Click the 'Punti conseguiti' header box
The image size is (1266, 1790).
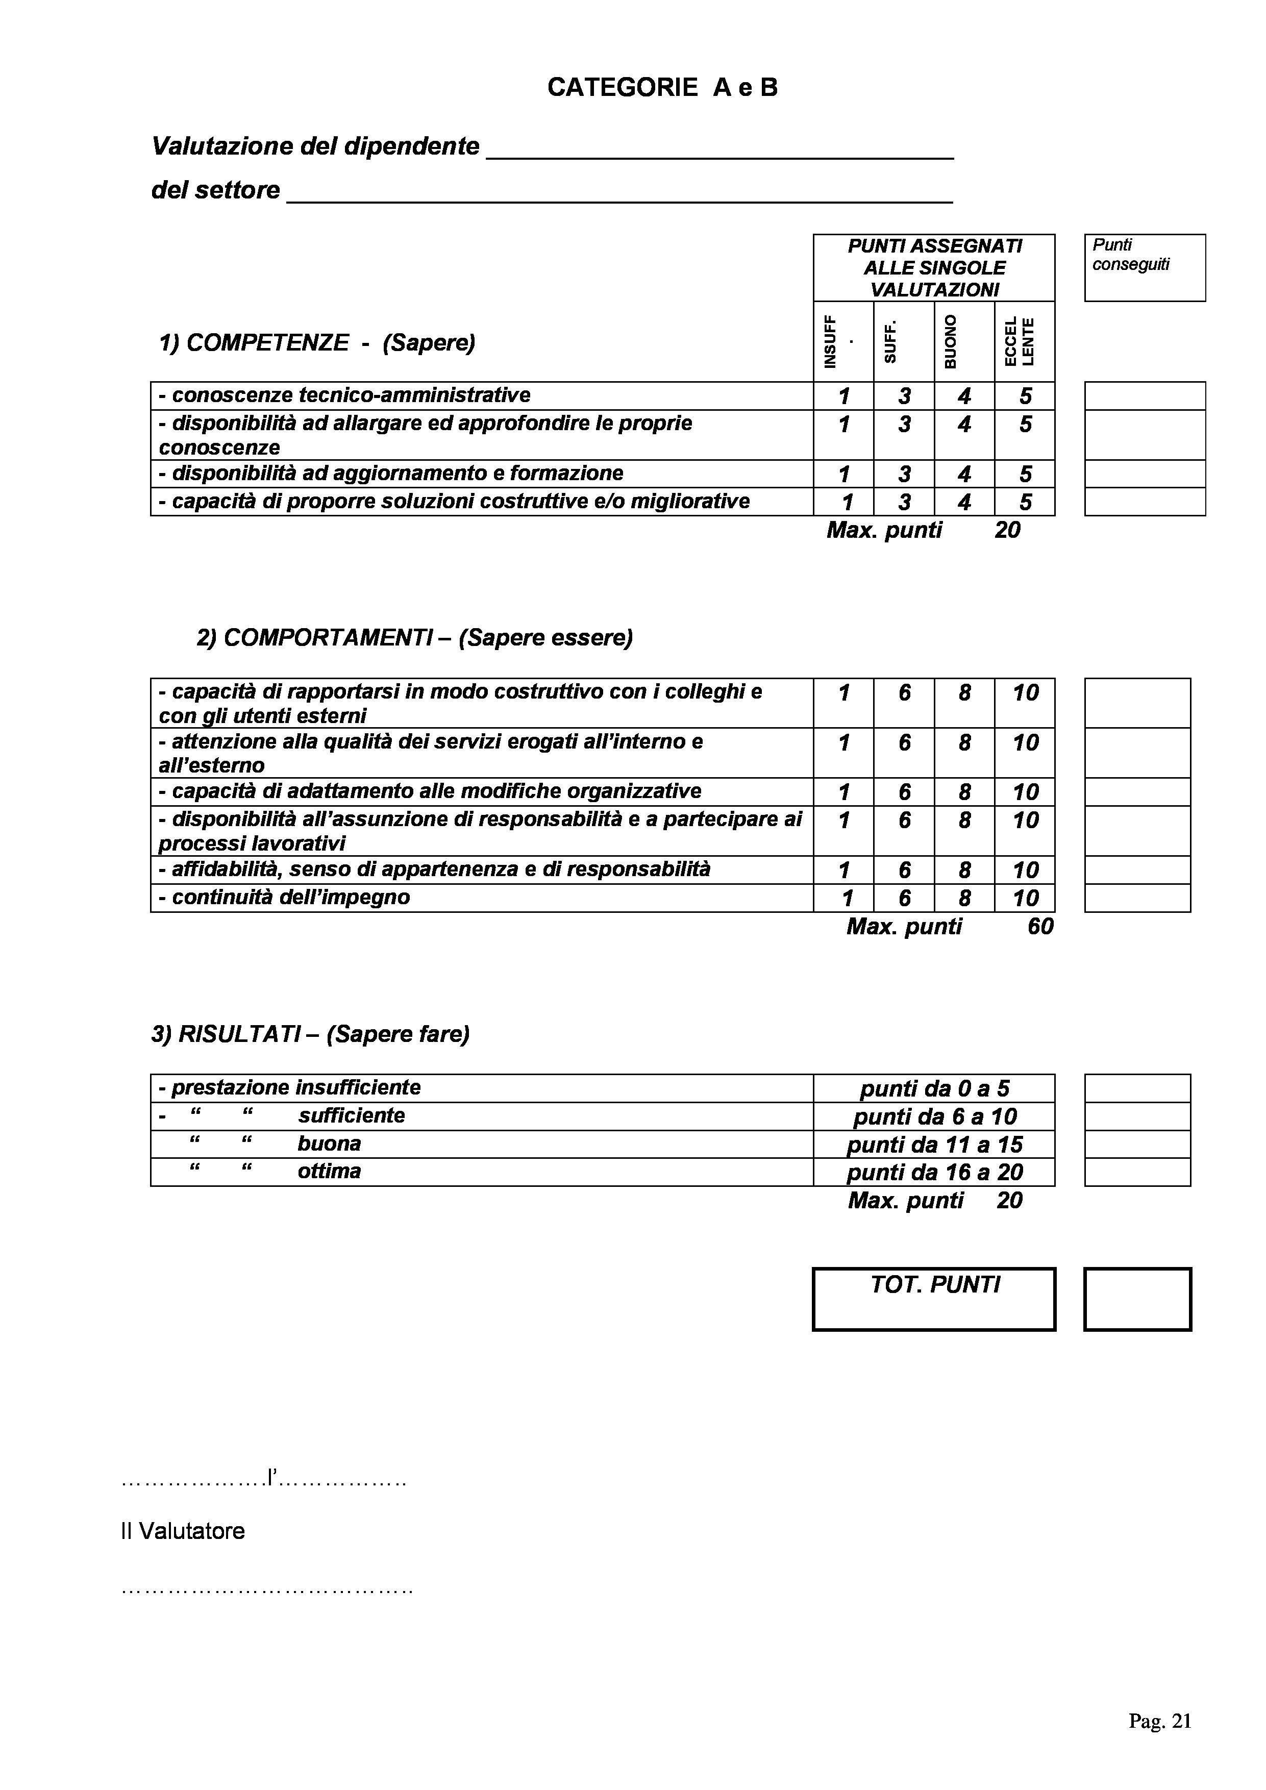pyautogui.click(x=1145, y=267)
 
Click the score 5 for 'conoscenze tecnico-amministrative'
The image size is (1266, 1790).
pyautogui.click(x=1025, y=396)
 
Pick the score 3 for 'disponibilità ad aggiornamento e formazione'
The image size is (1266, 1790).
pyautogui.click(x=904, y=474)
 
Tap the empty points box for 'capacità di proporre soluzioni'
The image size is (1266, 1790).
pyautogui.click(x=1145, y=501)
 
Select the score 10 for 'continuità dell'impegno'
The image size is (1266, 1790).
pyautogui.click(x=1025, y=898)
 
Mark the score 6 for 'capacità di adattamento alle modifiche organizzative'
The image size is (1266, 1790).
pyautogui.click(x=904, y=792)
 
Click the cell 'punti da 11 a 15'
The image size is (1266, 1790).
pyautogui.click(x=934, y=1145)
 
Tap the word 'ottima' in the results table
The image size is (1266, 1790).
pyautogui.click(x=329, y=1171)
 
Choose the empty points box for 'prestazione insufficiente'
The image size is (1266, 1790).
pyautogui.click(x=1137, y=1088)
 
